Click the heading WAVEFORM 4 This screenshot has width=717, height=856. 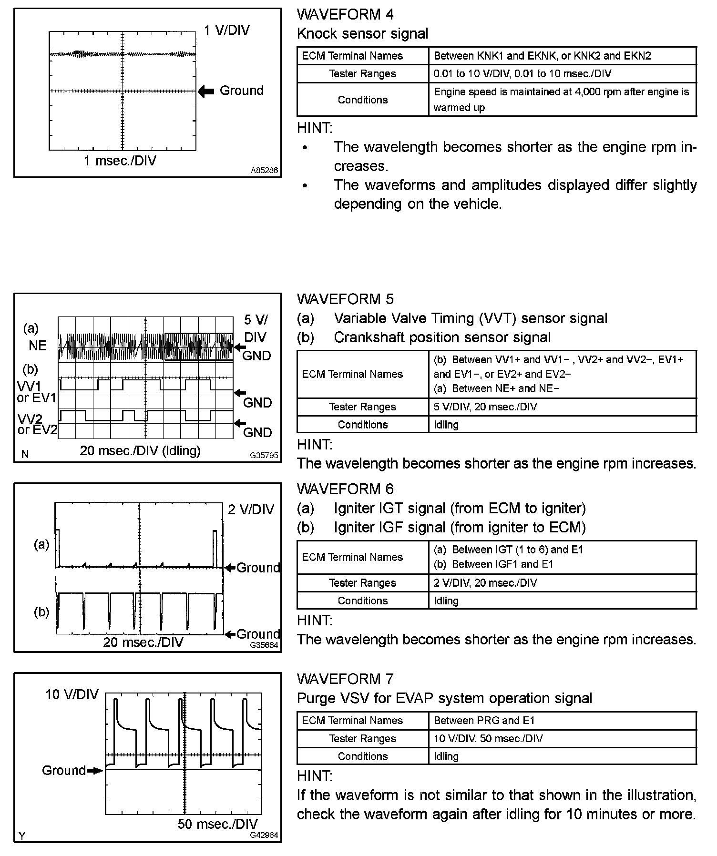[x=345, y=14]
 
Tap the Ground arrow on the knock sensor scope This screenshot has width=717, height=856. [x=206, y=91]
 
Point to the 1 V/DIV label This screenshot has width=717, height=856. [x=226, y=31]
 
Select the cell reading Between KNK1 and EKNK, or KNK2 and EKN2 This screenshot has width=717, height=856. [x=542, y=56]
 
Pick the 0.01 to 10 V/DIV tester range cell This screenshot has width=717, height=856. [x=522, y=74]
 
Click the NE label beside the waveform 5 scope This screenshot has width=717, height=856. [x=38, y=346]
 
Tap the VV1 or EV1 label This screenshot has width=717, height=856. [x=37, y=392]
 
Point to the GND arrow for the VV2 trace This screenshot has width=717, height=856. [x=240, y=423]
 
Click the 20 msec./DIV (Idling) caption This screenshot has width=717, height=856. [x=140, y=450]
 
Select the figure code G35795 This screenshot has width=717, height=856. [x=264, y=455]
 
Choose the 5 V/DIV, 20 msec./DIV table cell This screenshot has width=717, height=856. [x=485, y=407]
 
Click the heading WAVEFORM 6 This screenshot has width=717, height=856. [x=345, y=489]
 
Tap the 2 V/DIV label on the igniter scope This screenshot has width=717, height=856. [x=251, y=510]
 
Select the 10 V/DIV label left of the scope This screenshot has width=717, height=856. [x=72, y=694]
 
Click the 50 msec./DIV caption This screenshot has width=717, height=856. [x=217, y=824]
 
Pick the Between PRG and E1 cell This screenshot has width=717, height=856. [x=484, y=721]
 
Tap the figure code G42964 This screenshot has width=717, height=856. [x=264, y=835]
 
